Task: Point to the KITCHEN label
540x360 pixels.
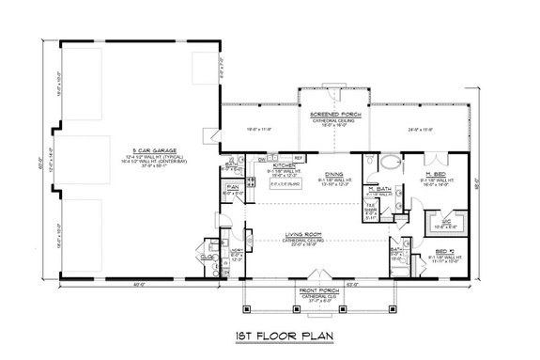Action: click(x=260, y=164)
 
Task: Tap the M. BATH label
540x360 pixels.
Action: click(x=379, y=188)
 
